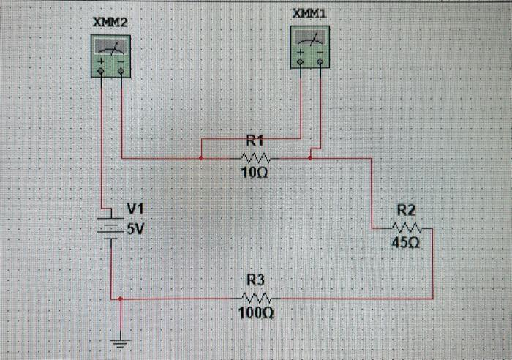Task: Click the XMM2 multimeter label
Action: point(110,23)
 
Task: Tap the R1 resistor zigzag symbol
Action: point(255,157)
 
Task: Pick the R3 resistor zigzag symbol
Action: point(255,299)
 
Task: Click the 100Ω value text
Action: point(255,313)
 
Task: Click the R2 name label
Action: point(407,209)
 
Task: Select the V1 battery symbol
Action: point(110,228)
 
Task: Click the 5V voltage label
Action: point(136,228)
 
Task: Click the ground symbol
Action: point(120,338)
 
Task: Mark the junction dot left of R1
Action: point(200,157)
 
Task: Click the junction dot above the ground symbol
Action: point(120,299)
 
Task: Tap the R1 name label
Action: point(255,140)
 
